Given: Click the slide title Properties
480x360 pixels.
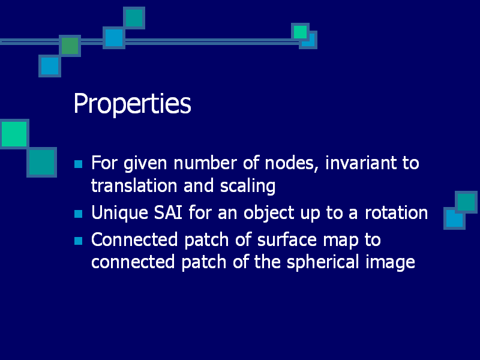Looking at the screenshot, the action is click(132, 104).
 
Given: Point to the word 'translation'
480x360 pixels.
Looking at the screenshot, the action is click(134, 186).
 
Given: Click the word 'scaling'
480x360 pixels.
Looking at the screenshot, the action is click(248, 187).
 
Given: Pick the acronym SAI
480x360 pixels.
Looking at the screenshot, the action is click(168, 212).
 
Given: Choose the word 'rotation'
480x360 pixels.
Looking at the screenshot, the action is click(396, 213).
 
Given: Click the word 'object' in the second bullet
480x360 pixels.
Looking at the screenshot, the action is click(269, 213).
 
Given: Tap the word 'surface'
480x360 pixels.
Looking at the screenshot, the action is click(287, 239).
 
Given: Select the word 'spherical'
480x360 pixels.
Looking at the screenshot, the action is click(323, 263).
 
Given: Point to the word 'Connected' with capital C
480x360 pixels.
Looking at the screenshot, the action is click(134, 239).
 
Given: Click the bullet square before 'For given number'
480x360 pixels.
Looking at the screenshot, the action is click(79, 164).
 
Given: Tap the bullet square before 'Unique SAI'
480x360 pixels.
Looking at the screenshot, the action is click(79, 214).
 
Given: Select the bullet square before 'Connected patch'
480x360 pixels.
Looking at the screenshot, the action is click(79, 241).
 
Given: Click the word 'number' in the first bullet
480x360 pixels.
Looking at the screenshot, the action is click(205, 163).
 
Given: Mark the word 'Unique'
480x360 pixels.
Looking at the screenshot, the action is click(119, 213).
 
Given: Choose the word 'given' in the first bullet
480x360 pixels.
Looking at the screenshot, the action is click(145, 164).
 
